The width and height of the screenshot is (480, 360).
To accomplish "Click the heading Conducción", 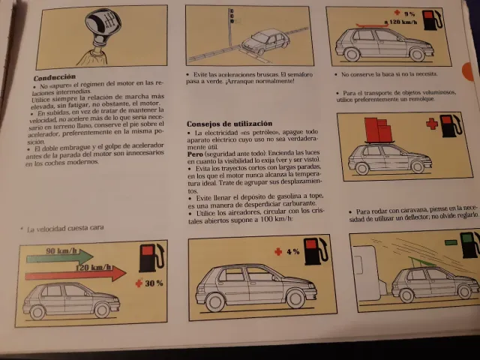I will click(x=55, y=76).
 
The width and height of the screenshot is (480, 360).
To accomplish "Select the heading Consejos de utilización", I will click(x=229, y=123).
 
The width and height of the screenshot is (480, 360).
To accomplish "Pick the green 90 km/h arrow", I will click(x=68, y=255).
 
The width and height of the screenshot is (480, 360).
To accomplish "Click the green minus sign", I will click(x=450, y=242).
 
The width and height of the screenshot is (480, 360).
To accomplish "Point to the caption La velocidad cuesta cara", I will click(x=65, y=227).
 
